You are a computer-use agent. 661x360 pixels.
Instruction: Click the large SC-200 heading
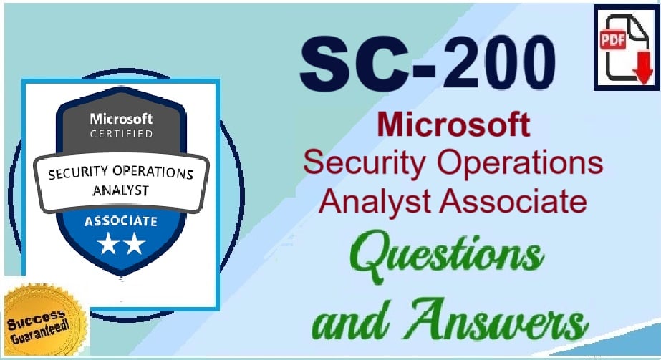pyautogui.click(x=428, y=63)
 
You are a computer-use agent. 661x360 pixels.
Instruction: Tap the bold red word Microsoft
pyautogui.click(x=453, y=125)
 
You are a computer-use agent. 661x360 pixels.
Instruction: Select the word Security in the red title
pyautogui.click(x=365, y=164)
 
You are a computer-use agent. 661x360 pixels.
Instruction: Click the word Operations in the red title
pyautogui.click(x=520, y=164)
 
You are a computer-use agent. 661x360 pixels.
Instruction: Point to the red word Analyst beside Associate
pyautogui.click(x=375, y=202)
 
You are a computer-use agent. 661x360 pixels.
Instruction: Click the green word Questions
pyautogui.click(x=446, y=255)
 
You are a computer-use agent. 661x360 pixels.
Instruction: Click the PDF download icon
pyautogui.click(x=626, y=47)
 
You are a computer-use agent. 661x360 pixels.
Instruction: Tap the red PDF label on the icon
pyautogui.click(x=612, y=40)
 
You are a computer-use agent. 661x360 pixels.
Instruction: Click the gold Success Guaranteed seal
pyautogui.click(x=44, y=321)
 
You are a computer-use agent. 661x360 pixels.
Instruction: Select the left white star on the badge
pyautogui.click(x=108, y=243)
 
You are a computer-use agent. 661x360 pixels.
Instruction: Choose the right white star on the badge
pyautogui.click(x=135, y=243)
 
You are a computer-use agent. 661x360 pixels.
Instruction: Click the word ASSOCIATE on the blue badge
pyautogui.click(x=121, y=221)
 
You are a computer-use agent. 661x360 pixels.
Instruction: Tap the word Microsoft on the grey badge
pyautogui.click(x=121, y=119)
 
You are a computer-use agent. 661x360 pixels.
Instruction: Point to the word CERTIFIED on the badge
pyautogui.click(x=121, y=134)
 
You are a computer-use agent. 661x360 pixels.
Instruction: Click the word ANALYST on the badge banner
pyautogui.click(x=121, y=190)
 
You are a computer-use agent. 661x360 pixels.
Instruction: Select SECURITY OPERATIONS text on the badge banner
pyautogui.click(x=121, y=172)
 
